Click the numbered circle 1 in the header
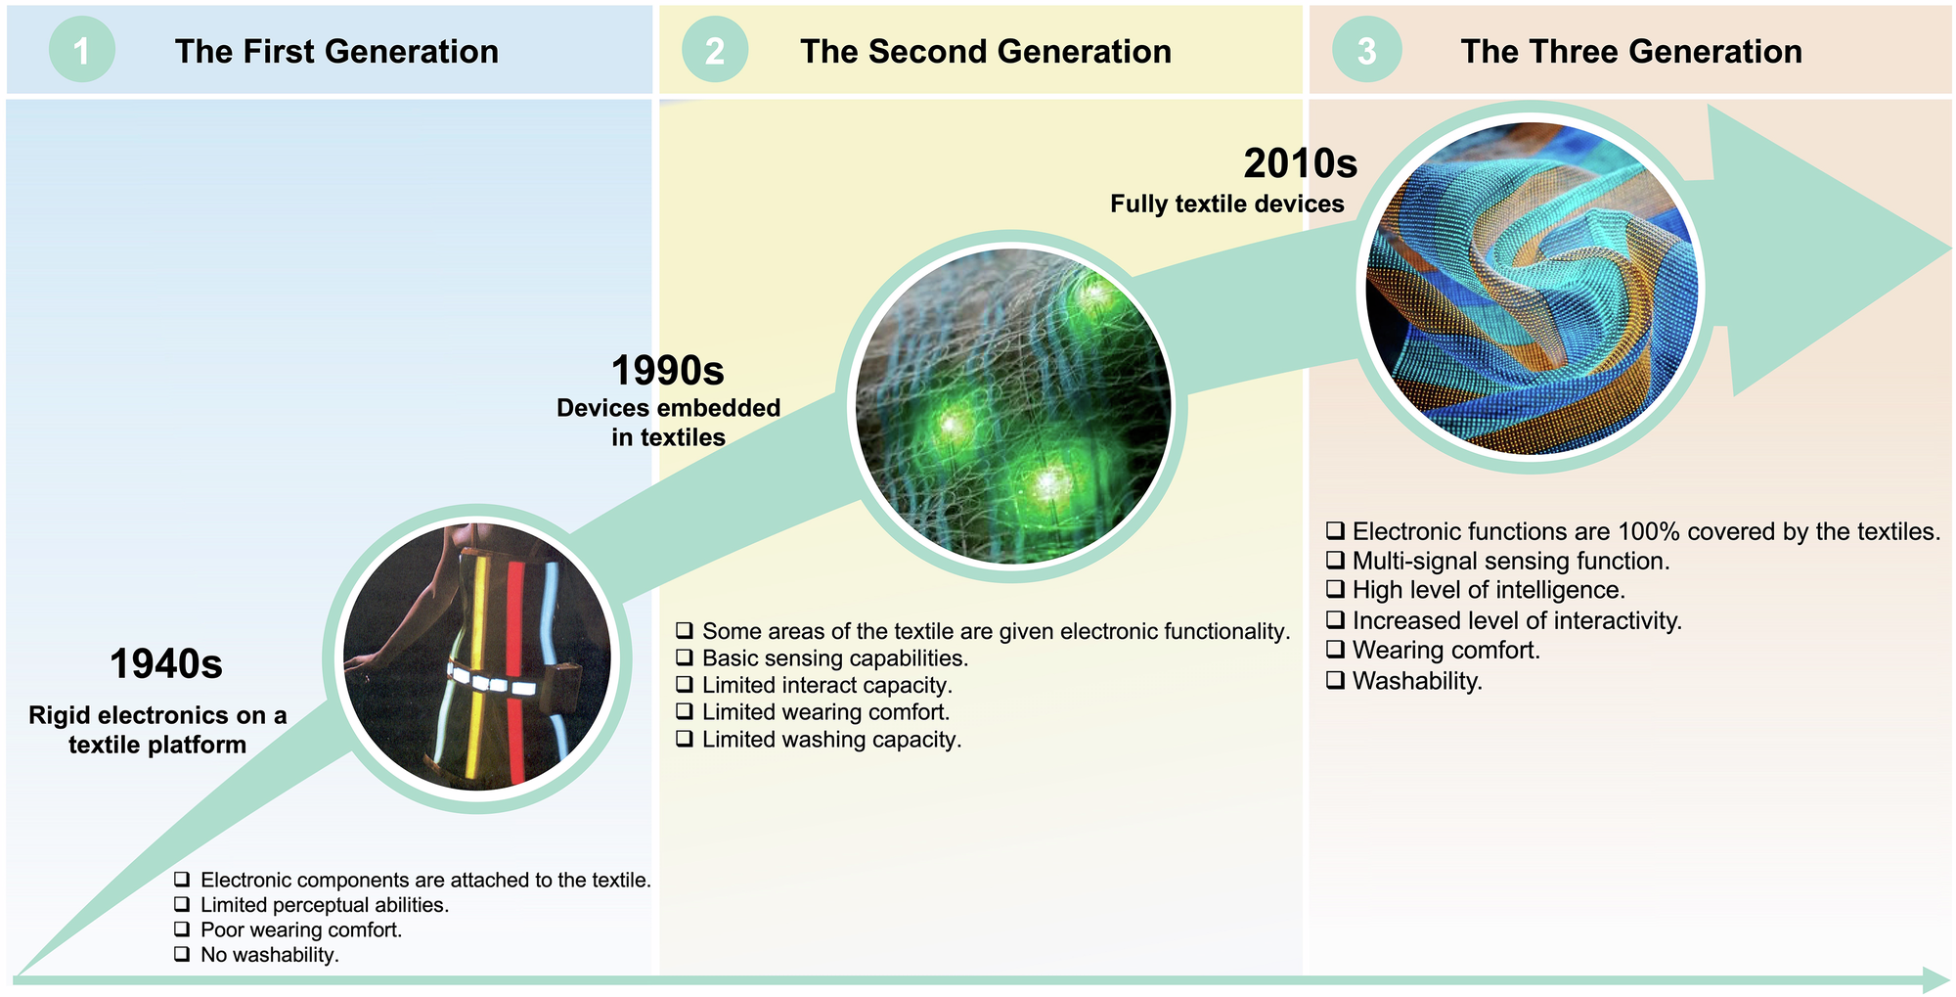(82, 50)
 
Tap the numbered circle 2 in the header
(715, 50)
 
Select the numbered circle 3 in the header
(1367, 50)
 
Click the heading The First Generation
(336, 51)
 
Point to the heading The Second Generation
(986, 51)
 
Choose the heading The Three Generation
(1631, 51)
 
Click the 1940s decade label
(166, 664)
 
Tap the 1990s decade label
(668, 371)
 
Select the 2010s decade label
(1301, 163)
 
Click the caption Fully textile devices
(1227, 204)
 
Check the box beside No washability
(182, 953)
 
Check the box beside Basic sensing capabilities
(685, 657)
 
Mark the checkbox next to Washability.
(1335, 680)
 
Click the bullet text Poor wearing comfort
(301, 929)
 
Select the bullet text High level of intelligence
(1489, 590)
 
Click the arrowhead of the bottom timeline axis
(1936, 980)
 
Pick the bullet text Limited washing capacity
(832, 740)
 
